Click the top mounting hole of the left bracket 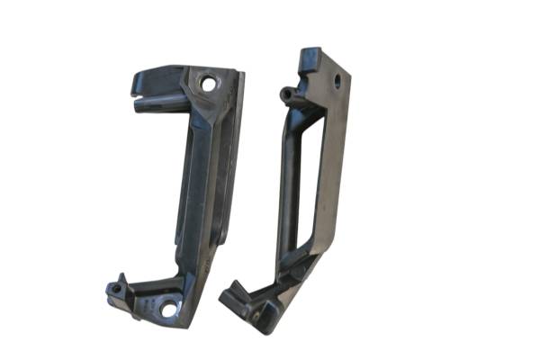[209, 84]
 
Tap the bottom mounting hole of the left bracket [168, 309]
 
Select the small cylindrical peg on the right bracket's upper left [287, 93]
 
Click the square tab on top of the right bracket [310, 58]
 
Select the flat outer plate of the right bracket [333, 162]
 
